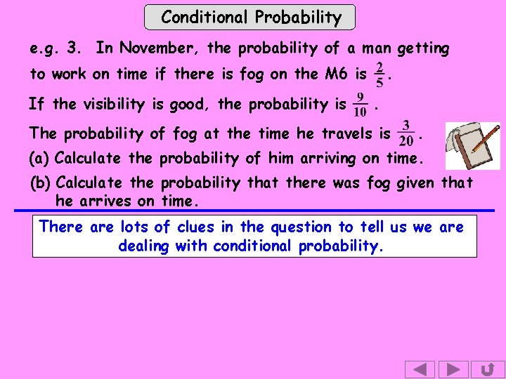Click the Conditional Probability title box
coord(250,18)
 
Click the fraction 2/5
coord(379,74)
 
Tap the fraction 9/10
coord(361,105)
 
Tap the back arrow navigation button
coord(420,369)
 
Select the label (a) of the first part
coord(39,159)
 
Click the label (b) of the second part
coord(41,184)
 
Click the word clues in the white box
coord(200,227)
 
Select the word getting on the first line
coord(422,49)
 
